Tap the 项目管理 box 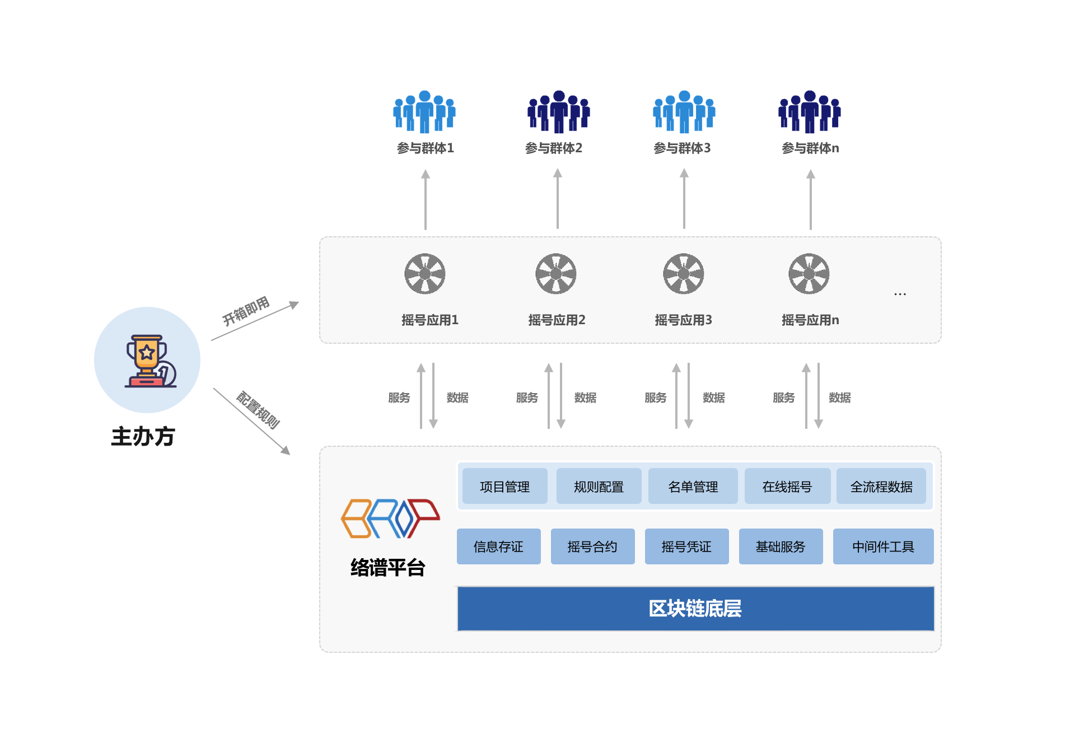(x=504, y=487)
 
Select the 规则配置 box (x=599, y=487)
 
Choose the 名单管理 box (x=693, y=487)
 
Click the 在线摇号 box (x=787, y=487)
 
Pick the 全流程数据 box (x=881, y=487)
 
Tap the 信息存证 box (x=498, y=546)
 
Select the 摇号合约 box (x=592, y=546)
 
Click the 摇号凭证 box (x=686, y=546)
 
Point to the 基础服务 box (x=781, y=546)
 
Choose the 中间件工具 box (x=883, y=546)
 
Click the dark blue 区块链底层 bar (x=695, y=609)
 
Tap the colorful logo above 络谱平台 (x=390, y=518)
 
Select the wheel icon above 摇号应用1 (x=425, y=274)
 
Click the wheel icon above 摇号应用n (x=809, y=274)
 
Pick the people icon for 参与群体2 (x=558, y=112)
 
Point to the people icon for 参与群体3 (x=684, y=112)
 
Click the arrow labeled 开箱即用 (x=255, y=321)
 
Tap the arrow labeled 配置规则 (x=252, y=421)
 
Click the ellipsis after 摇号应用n (x=900, y=294)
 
